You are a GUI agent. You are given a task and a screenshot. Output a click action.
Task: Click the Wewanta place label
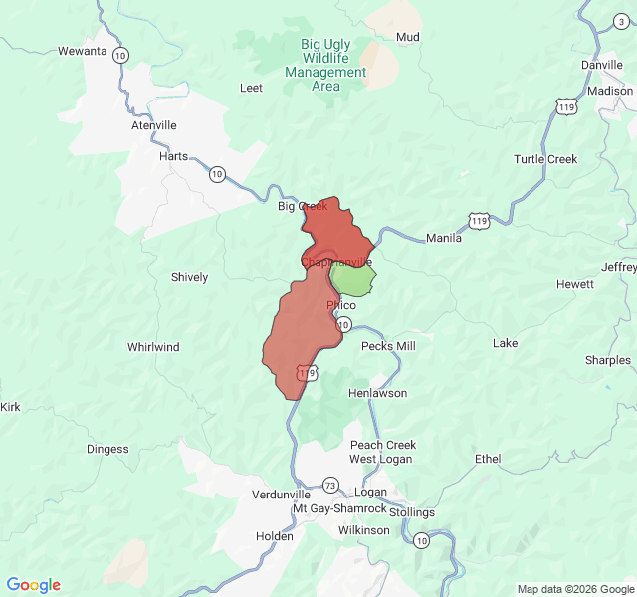pos(82,51)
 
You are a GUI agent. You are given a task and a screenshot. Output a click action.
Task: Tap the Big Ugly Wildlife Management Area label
pos(325,65)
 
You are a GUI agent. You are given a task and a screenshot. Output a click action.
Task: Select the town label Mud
pos(408,38)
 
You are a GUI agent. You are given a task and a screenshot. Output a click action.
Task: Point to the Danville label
pos(601,65)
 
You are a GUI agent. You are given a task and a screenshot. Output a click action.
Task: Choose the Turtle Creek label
pos(544,159)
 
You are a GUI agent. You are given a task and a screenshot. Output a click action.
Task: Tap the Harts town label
pos(173,156)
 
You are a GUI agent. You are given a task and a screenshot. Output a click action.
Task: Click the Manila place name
pos(444,238)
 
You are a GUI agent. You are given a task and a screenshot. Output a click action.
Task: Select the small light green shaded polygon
pos(354,278)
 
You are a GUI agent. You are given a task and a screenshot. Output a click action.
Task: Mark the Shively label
pos(189,277)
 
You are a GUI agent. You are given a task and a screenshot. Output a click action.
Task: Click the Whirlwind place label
pos(153,347)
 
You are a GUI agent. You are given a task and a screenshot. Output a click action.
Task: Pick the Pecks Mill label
pos(388,346)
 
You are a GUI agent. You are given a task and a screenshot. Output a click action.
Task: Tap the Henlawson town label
pos(377,393)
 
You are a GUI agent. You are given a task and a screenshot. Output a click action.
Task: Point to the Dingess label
pos(107,449)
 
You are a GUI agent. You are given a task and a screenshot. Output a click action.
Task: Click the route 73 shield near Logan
pos(330,485)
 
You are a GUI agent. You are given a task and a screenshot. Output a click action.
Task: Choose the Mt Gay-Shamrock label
pos(338,509)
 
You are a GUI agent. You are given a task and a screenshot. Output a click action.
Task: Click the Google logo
pos(34,585)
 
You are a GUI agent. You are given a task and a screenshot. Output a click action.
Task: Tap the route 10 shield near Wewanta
pos(120,55)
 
